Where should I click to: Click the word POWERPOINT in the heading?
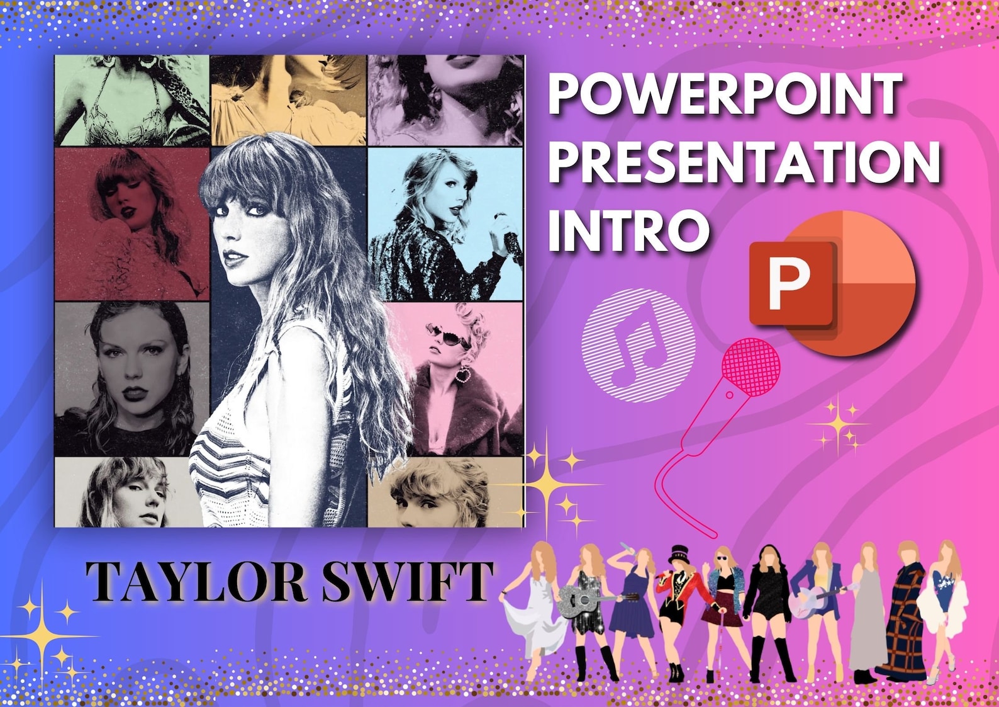pos(725,94)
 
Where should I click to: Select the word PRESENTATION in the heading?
pos(744,162)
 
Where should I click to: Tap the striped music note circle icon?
pos(637,344)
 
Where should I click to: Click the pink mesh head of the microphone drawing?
pos(752,366)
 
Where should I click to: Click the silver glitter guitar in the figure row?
pos(581,600)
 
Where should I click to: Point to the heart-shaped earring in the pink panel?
pos(464,376)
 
